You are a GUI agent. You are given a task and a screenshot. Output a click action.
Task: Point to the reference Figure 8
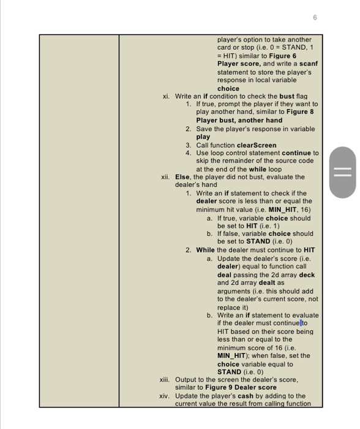point(303,112)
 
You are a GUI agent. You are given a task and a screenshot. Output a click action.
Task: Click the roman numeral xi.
point(166,96)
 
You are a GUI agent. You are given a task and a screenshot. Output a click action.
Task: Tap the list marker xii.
point(165,177)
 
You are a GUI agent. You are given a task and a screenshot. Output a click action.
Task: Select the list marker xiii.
point(164,379)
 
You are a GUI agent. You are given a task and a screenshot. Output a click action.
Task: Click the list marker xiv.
point(164,396)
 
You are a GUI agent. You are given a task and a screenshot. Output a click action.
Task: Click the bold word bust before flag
point(287,96)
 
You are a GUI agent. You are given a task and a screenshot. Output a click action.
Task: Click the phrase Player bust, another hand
point(239,120)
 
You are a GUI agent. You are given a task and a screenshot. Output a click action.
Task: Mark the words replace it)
point(233,307)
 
